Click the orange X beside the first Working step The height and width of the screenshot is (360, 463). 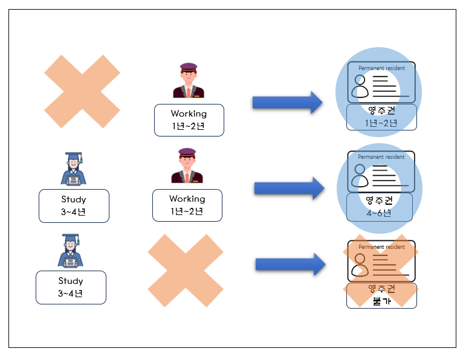tap(82, 91)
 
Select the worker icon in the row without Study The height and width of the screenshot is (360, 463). tap(189, 80)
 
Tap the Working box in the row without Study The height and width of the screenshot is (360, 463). tap(189, 120)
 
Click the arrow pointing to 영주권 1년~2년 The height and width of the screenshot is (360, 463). tap(287, 103)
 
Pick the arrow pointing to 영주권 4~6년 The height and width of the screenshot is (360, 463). tap(290, 188)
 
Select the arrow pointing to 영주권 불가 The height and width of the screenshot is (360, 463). tap(291, 264)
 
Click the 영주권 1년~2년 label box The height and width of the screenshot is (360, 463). tap(381, 117)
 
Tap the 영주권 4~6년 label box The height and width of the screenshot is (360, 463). tap(380, 207)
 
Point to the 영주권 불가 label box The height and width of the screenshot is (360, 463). tap(381, 296)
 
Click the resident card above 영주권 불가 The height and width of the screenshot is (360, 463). tap(381, 261)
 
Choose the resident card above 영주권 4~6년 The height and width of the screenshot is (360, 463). tap(381, 172)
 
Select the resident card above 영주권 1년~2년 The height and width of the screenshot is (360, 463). tap(381, 82)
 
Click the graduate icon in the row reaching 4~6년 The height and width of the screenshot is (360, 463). tap(73, 169)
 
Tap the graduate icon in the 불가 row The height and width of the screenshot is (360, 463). tap(70, 251)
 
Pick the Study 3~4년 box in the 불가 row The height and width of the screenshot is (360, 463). tap(71, 288)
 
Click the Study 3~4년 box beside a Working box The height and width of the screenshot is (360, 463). tap(74, 206)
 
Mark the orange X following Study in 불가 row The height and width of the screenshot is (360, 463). tap(186, 271)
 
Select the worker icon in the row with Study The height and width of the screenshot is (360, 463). tap(187, 166)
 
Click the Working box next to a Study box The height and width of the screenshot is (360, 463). tap(187, 205)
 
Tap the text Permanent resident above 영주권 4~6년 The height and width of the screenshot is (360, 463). tap(381, 157)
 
